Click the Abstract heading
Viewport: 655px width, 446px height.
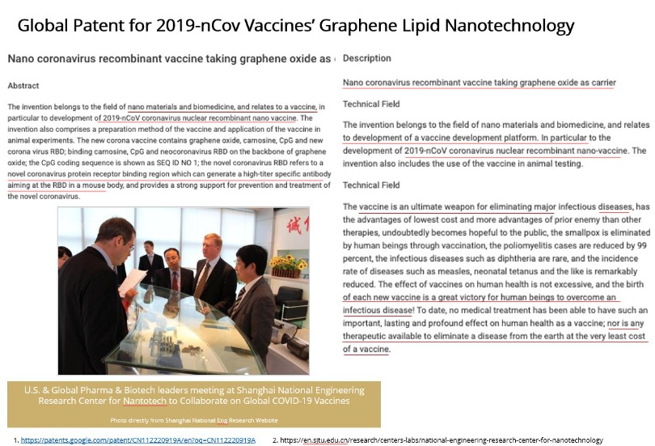click(x=23, y=86)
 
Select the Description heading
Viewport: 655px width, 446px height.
click(x=366, y=58)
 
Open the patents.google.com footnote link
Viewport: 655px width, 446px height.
click(x=138, y=440)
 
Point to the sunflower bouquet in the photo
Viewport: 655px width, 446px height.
click(x=287, y=265)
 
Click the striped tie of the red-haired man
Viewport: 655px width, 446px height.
click(x=201, y=280)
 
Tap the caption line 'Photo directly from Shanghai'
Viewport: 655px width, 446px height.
click(x=193, y=420)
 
